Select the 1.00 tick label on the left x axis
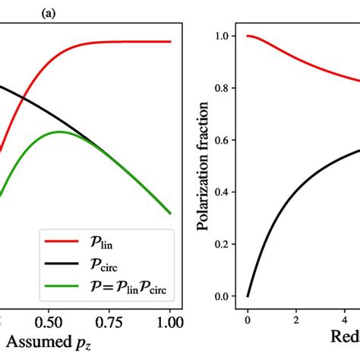pos(170,314)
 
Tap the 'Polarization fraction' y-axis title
pos(204,166)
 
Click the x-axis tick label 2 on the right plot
pos(295,314)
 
